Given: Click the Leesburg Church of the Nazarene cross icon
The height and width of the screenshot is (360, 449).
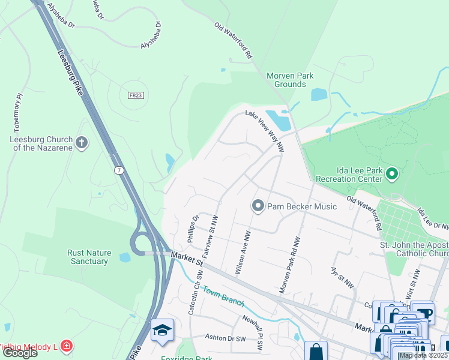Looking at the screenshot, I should tap(82, 143).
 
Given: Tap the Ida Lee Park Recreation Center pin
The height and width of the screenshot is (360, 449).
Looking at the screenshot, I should tap(392, 175).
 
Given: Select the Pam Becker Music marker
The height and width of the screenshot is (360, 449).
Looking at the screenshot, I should tap(258, 206).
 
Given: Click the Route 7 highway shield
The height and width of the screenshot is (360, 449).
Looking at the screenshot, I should tap(119, 171).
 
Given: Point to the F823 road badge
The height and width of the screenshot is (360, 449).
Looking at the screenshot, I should tap(136, 95).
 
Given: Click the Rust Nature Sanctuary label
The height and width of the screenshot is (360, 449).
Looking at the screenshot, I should tap(88, 257).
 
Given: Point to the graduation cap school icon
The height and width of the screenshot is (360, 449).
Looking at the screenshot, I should tap(162, 331).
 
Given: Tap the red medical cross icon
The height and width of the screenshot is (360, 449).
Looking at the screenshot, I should tap(66, 346).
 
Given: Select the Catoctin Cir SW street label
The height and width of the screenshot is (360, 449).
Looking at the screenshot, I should tap(195, 294).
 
